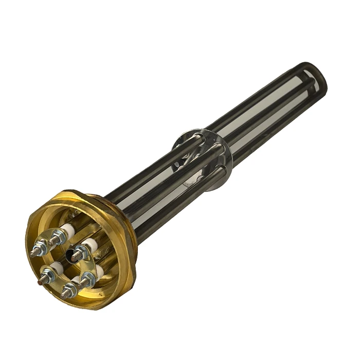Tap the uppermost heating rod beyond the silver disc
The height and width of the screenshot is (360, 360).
pos(257,93)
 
